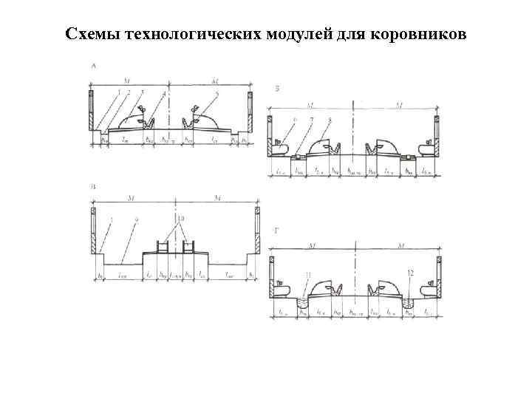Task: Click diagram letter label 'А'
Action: pyautogui.click(x=93, y=67)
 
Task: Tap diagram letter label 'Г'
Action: pyautogui.click(x=276, y=231)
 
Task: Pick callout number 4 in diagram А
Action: pyautogui.click(x=153, y=93)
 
